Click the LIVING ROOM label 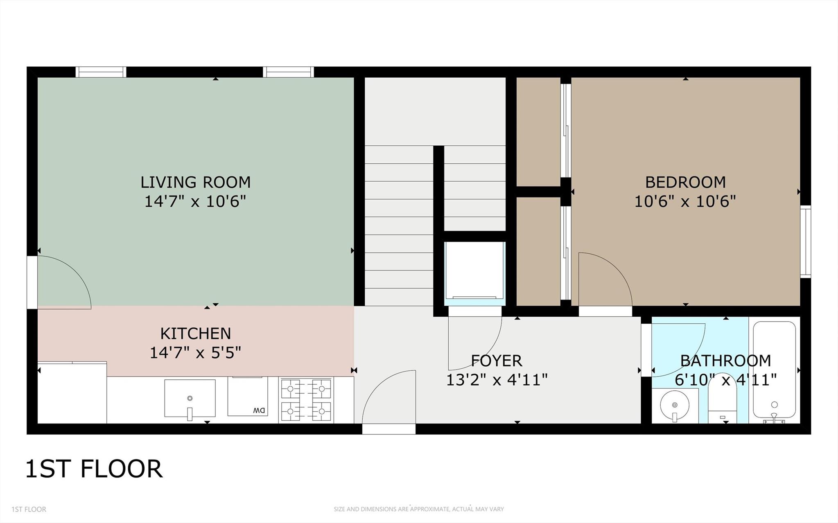(195, 182)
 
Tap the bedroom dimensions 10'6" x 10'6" (685, 201)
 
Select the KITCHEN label (195, 334)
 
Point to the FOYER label (496, 361)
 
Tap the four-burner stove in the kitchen (306, 400)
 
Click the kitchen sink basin (190, 398)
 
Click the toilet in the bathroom (722, 405)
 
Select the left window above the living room (101, 72)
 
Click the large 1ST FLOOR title (94, 469)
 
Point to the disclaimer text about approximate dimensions (418, 509)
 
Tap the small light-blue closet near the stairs (475, 272)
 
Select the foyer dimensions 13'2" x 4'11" (496, 380)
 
